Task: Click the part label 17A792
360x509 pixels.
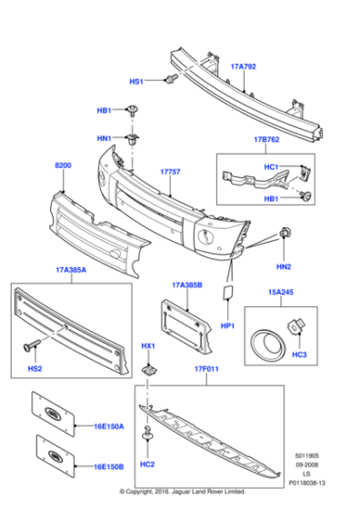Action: point(243,66)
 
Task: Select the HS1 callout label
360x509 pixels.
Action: point(136,82)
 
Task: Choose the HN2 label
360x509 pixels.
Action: point(284,266)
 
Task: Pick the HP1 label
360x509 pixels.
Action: point(228,325)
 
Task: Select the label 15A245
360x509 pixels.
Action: point(281,293)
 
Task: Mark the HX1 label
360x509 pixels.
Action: point(148,346)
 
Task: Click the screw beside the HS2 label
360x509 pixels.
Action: point(33,346)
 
